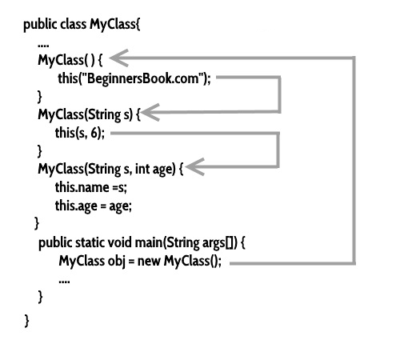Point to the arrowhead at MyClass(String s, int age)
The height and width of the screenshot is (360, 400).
coord(196,168)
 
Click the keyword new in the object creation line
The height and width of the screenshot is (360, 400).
coord(149,262)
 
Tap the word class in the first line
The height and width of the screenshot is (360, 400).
coord(74,23)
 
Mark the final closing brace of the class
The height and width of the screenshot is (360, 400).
coord(27,319)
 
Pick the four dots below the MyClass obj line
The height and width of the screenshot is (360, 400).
coord(64,282)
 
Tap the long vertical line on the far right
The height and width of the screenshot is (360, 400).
coord(353,160)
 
